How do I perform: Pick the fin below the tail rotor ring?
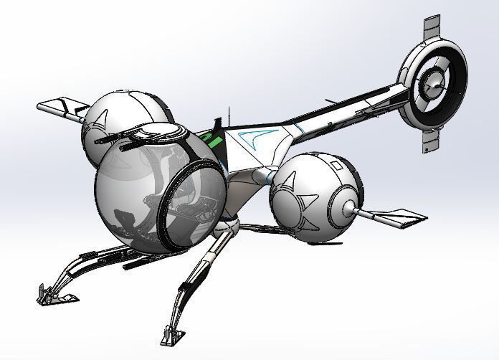click(429, 139)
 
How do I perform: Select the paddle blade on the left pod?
click(57, 108)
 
